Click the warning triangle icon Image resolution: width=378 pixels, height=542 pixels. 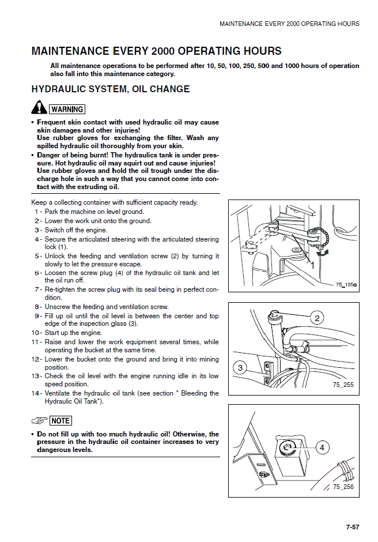coord(38,108)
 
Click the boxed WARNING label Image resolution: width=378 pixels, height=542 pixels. coord(67,110)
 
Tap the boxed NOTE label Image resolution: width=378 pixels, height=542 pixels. coord(61,421)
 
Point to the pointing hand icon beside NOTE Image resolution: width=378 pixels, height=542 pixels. coord(39,421)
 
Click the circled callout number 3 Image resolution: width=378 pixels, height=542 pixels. coord(240,367)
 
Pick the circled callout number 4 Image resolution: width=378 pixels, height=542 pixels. coord(322,447)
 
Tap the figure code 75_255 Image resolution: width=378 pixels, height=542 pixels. coord(343,385)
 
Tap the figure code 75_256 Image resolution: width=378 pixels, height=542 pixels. coord(343,487)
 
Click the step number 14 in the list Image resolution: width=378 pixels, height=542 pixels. coord(36,393)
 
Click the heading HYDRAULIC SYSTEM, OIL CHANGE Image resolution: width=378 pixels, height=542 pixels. coord(110,89)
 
